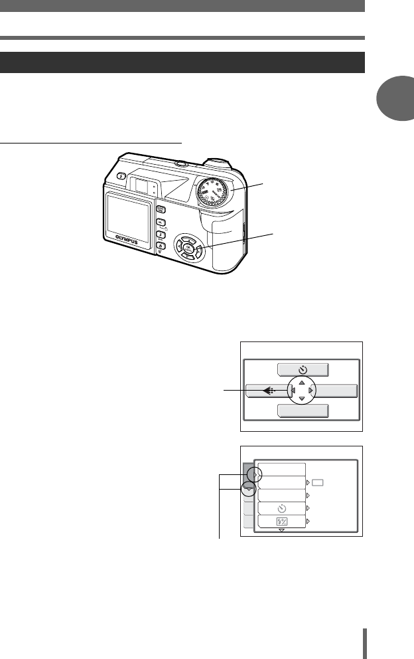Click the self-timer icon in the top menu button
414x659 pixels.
click(302, 371)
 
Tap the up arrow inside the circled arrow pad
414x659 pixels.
click(301, 382)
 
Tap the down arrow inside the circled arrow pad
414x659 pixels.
click(301, 399)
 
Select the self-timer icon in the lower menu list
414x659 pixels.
click(282, 508)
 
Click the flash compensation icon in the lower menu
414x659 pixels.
click(282, 522)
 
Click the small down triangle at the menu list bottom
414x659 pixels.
click(281, 531)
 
